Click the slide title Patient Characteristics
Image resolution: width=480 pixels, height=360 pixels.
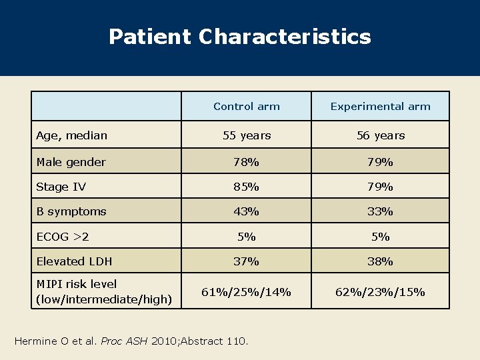pyautogui.click(x=239, y=37)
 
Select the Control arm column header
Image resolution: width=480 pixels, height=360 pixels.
pyautogui.click(x=247, y=107)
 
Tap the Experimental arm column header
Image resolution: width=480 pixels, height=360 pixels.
pyautogui.click(x=381, y=107)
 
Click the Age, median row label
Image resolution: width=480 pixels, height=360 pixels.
pyautogui.click(x=71, y=135)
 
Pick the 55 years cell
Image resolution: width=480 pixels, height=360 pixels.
pyautogui.click(x=247, y=135)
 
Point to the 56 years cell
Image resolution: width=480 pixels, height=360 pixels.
pyautogui.click(x=381, y=135)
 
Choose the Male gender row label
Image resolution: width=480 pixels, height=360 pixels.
pyautogui.click(x=71, y=162)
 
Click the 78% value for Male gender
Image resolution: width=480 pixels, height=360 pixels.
pyautogui.click(x=246, y=162)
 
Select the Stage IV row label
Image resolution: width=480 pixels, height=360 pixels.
pyautogui.click(x=61, y=187)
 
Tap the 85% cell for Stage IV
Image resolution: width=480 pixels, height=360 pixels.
pyautogui.click(x=246, y=187)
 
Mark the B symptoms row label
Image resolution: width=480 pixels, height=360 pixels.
pyautogui.click(x=71, y=211)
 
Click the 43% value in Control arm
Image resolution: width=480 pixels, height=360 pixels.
pyautogui.click(x=246, y=211)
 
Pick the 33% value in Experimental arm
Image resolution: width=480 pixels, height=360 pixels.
pyautogui.click(x=380, y=211)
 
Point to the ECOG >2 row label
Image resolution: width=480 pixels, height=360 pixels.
pyautogui.click(x=63, y=237)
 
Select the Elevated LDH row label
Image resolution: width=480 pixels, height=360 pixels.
pyautogui.click(x=74, y=261)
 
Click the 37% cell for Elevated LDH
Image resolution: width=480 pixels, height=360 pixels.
pyautogui.click(x=246, y=261)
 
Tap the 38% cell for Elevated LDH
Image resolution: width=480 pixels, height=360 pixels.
pyautogui.click(x=380, y=261)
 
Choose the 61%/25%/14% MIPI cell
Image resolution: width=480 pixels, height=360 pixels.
pyautogui.click(x=246, y=291)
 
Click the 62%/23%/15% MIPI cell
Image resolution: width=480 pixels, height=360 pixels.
pyautogui.click(x=381, y=291)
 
